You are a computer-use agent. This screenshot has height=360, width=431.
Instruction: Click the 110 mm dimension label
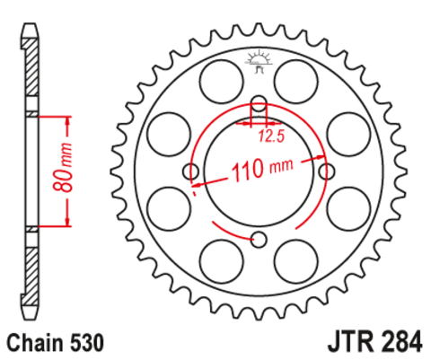(x=262, y=170)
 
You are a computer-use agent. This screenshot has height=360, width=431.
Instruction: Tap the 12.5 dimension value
(x=271, y=136)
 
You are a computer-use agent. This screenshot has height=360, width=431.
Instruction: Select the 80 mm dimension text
(x=63, y=167)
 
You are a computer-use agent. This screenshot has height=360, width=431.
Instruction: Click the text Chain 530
(x=56, y=343)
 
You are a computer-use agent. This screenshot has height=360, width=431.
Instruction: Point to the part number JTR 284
(x=375, y=341)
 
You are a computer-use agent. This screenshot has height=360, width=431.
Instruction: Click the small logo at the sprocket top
(x=259, y=62)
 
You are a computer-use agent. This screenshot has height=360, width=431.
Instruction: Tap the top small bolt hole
(x=259, y=103)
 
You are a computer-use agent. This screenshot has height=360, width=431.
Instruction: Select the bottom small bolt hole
(x=259, y=240)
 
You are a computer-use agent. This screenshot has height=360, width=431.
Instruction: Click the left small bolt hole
(x=190, y=171)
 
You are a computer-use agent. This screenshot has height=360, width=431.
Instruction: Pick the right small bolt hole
(x=327, y=171)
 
